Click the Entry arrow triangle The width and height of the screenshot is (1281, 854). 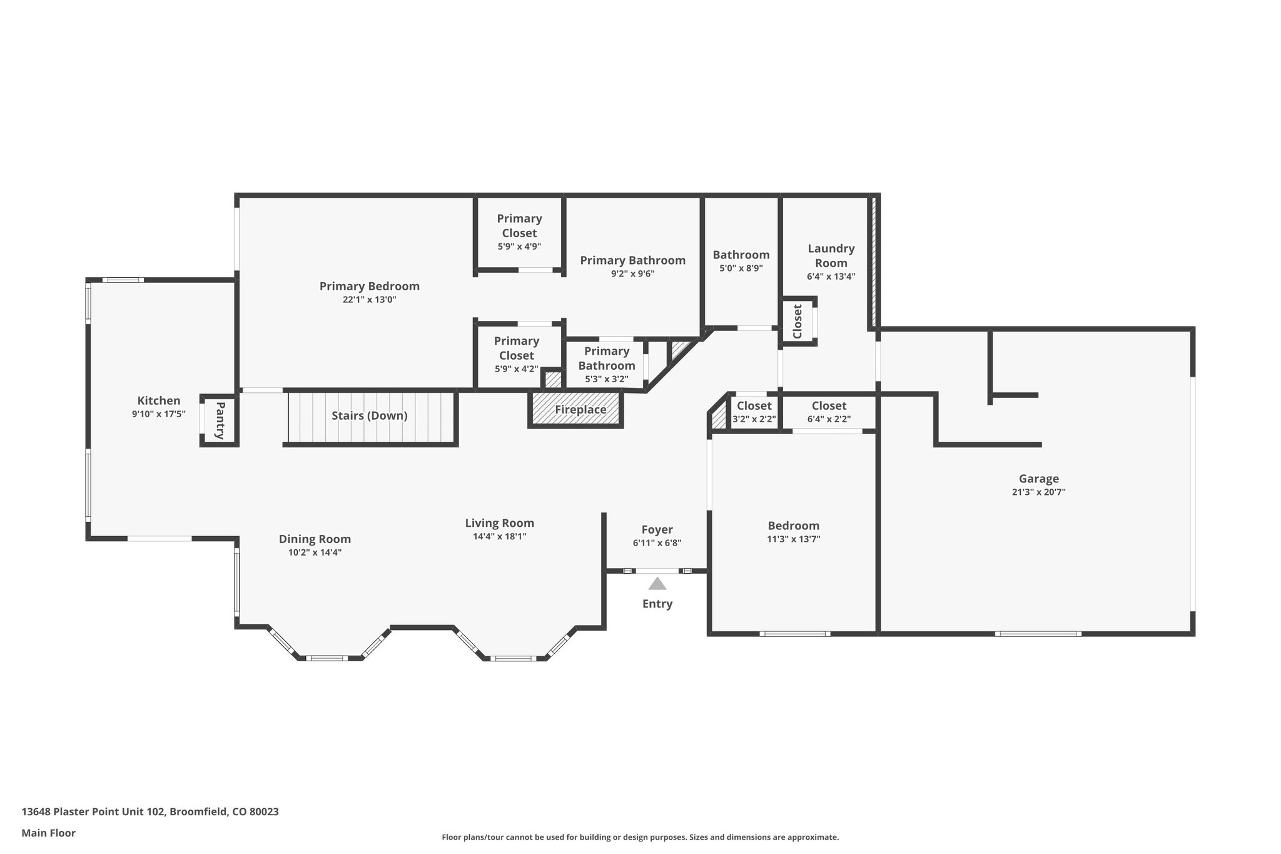pos(657,584)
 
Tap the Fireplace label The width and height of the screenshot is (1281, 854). pos(580,410)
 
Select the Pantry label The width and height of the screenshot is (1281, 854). pos(220,420)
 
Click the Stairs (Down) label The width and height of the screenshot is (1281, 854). pos(370,415)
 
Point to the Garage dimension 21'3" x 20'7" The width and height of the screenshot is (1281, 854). pos(1038,492)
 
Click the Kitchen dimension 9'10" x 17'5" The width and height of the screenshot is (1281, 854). pos(159,414)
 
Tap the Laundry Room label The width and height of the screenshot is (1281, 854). pos(831,256)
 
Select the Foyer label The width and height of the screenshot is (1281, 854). pos(657,530)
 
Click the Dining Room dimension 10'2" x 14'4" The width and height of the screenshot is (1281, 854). pos(315,552)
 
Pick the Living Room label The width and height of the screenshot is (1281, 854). pos(500,523)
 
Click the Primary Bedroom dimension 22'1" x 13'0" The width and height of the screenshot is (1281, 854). pos(369,300)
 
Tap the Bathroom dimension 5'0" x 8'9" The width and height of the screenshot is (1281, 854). pos(741,268)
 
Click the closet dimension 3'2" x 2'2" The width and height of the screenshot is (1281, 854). pos(754,419)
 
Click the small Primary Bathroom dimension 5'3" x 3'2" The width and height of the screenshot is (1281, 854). pos(607,379)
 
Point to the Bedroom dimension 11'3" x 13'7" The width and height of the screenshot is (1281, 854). pos(794,539)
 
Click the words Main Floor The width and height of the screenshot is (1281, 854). pos(48,833)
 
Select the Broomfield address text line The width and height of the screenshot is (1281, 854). pos(150,811)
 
